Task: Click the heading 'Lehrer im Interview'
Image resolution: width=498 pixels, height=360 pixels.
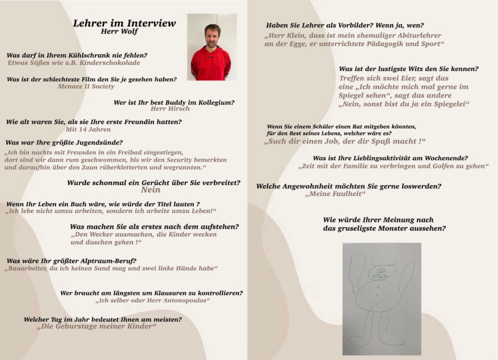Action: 124,23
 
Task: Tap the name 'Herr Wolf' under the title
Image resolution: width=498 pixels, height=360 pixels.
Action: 119,32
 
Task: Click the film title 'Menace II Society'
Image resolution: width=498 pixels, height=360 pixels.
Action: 86,87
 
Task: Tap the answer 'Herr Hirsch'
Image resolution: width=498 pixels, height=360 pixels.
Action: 170,109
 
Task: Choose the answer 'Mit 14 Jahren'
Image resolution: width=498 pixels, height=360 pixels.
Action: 88,129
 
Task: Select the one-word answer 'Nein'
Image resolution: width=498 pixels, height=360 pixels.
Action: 150,190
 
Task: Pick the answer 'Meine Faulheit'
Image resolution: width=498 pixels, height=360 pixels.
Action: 335,194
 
